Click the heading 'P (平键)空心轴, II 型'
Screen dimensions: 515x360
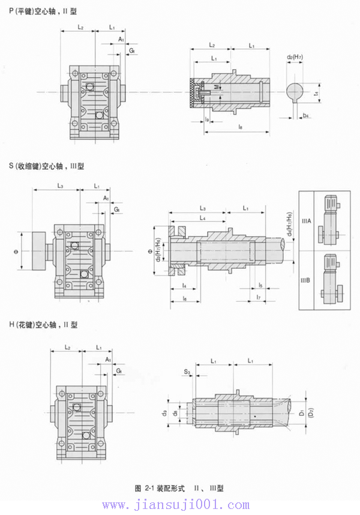43,11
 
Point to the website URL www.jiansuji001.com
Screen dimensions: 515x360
181,505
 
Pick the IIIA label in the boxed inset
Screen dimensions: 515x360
306,221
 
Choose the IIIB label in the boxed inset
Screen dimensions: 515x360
306,279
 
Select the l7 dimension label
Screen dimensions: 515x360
257,297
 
